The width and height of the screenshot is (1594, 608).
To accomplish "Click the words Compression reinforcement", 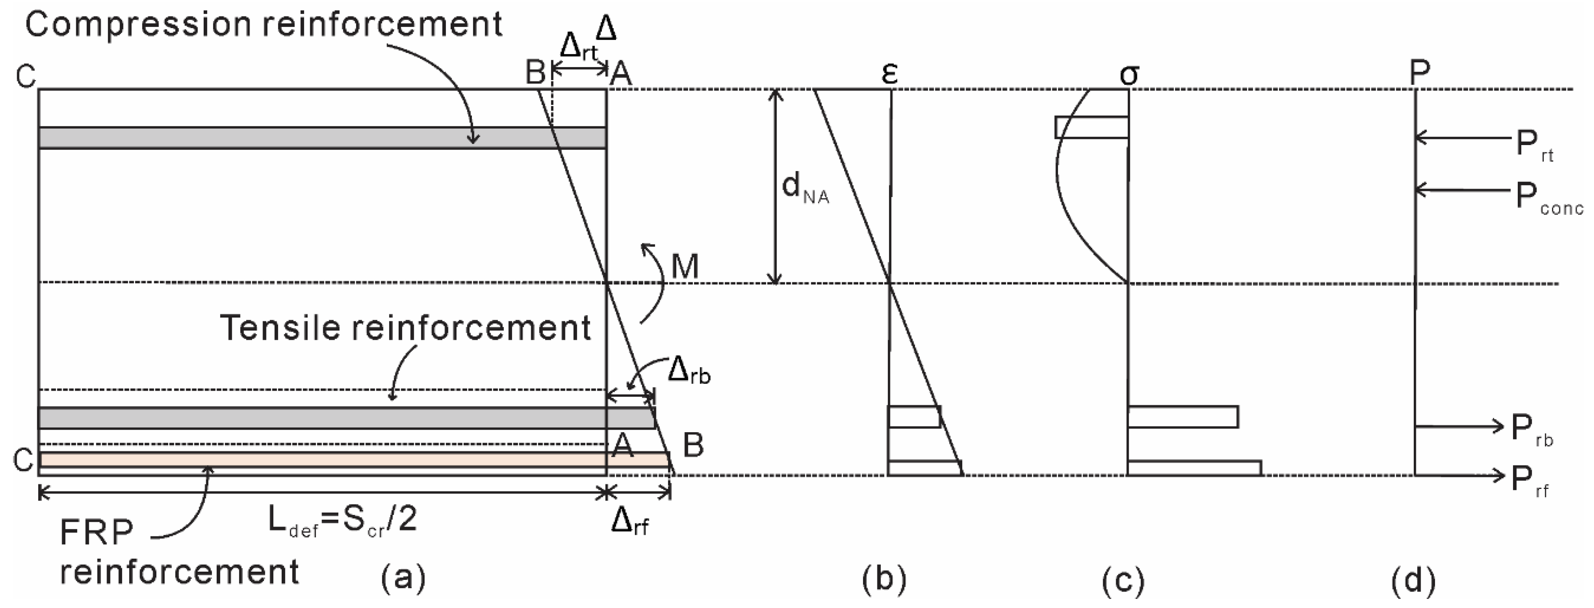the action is click(x=263, y=25).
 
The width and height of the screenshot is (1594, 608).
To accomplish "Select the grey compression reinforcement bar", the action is click(x=322, y=137).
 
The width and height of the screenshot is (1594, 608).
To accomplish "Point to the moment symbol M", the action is click(x=685, y=267).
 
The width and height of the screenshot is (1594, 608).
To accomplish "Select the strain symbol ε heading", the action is click(x=889, y=74).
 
